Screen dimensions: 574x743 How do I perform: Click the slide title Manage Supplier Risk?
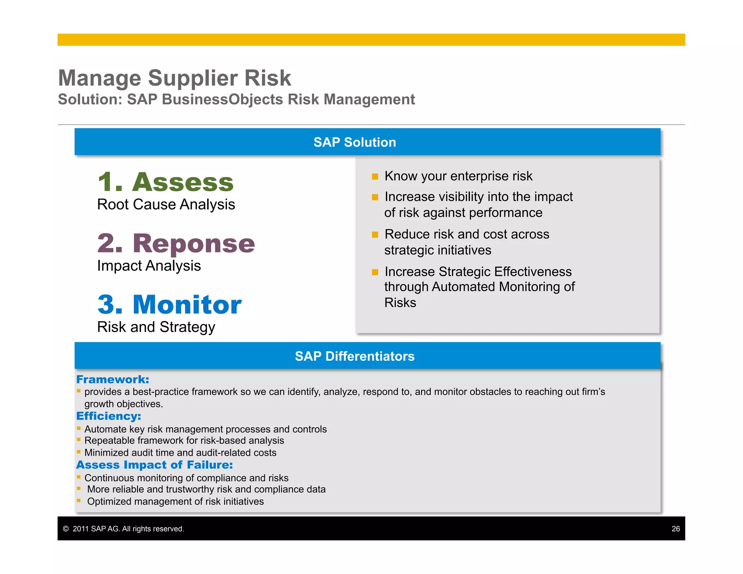175,78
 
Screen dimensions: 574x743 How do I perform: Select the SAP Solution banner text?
354,142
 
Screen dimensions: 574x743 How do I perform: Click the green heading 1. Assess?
166,182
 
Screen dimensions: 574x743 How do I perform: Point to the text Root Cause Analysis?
166,205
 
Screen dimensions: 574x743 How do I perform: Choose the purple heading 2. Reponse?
176,243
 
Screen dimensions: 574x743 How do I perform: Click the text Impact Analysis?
149,266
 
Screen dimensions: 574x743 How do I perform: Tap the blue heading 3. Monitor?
169,304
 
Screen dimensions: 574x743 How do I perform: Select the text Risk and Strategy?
156,327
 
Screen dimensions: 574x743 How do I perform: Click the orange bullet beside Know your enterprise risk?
375,177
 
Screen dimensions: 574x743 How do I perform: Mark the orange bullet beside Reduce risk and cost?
375,235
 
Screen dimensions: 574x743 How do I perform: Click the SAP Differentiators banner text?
354,356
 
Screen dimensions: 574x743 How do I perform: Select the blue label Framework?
112,380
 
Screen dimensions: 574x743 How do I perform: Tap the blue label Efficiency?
108,416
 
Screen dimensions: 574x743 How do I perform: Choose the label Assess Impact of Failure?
154,465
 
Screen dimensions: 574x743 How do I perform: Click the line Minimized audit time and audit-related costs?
180,453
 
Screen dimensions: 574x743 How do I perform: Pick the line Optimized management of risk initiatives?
175,501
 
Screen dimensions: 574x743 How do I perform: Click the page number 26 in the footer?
676,529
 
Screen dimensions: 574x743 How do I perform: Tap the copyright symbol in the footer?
66,529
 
